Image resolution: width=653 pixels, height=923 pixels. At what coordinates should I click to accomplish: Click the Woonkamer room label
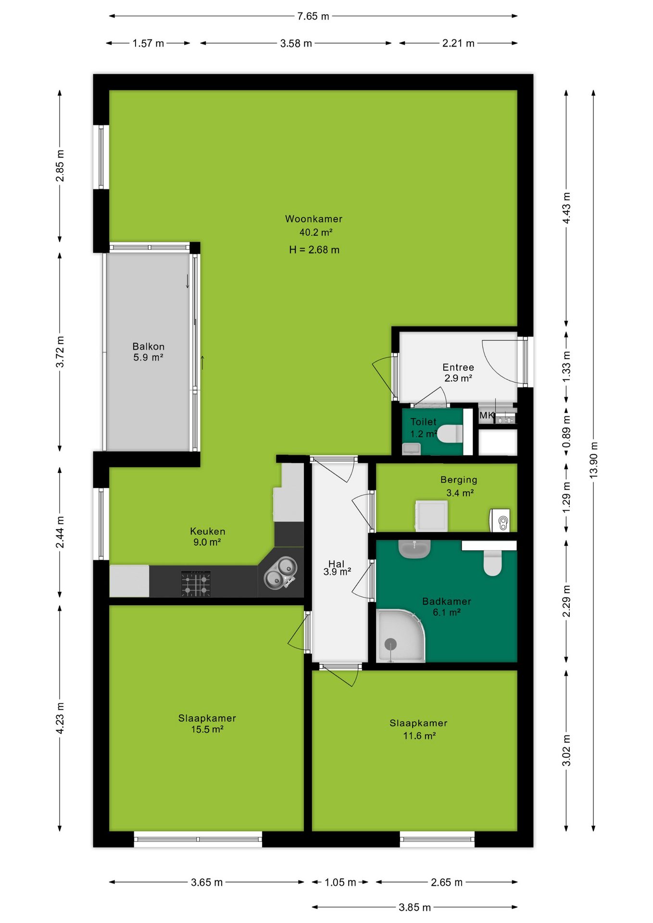(314, 219)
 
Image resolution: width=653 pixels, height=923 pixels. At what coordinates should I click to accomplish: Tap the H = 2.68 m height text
(314, 250)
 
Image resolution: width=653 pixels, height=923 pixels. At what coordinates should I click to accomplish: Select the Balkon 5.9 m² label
(148, 352)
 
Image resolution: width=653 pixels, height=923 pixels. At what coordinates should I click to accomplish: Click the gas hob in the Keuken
(196, 584)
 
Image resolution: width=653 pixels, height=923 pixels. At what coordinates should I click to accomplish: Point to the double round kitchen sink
(280, 572)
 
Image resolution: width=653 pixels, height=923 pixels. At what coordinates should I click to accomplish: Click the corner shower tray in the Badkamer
(401, 636)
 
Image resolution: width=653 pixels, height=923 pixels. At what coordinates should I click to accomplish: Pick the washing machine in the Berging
(431, 516)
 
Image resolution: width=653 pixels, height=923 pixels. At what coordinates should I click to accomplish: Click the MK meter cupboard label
(486, 415)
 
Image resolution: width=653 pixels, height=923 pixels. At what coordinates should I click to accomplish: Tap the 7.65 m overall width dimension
(313, 16)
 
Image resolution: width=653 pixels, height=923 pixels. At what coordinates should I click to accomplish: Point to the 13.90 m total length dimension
(593, 460)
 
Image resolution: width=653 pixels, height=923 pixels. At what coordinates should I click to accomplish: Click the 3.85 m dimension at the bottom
(414, 907)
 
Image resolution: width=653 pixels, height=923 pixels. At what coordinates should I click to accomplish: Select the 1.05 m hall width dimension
(340, 882)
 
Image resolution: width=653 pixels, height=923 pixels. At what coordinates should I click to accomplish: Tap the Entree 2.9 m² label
(458, 373)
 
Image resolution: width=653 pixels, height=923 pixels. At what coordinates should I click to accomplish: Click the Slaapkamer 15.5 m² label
(207, 723)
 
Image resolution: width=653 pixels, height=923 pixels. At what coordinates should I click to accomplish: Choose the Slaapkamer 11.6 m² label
(419, 729)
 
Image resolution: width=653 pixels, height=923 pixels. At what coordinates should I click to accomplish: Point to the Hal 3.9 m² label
(337, 568)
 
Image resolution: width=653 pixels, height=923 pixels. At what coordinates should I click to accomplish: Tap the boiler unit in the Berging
(500, 520)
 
